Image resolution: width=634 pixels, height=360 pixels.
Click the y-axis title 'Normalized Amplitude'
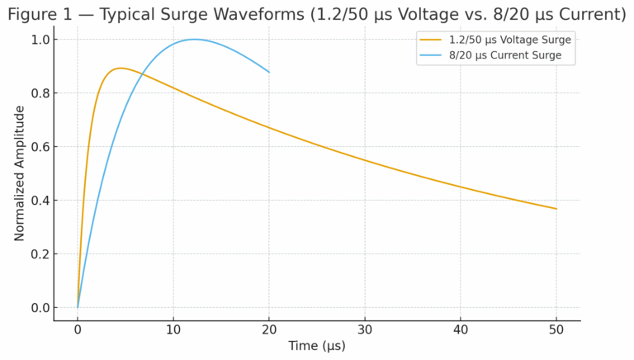click(20, 173)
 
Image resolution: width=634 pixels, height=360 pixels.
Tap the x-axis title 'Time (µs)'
click(317, 346)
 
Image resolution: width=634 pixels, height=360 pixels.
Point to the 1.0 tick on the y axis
click(39, 40)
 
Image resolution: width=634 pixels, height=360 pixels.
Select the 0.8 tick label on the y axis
click(39, 93)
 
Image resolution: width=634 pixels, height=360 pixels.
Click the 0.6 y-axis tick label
click(39, 147)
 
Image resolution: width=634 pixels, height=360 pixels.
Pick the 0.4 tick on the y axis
click(39, 201)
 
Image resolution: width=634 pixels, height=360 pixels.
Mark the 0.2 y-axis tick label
click(39, 254)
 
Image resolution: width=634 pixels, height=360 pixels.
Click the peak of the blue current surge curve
click(195, 40)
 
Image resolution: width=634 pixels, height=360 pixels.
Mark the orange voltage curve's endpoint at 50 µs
click(556, 209)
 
